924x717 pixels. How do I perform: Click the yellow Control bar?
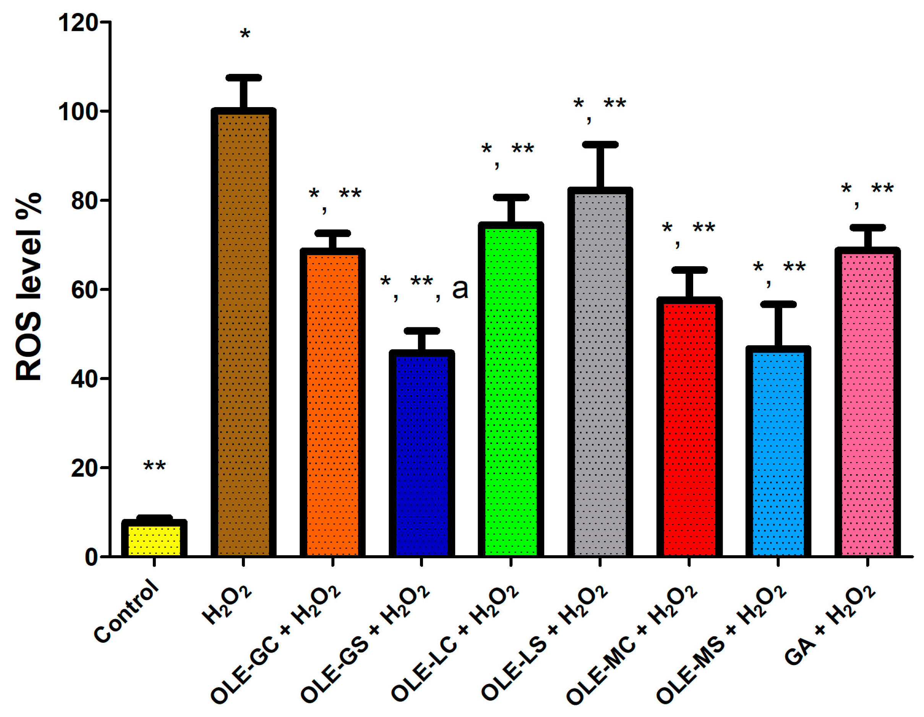154,540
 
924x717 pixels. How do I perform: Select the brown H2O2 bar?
243,334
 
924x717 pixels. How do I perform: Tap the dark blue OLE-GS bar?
421,455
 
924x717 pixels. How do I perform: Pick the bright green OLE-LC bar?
511,392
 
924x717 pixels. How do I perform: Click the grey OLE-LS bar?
600,375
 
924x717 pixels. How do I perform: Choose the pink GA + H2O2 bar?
867,404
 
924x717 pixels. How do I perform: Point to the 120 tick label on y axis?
78,23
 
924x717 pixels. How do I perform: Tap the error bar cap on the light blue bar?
778,304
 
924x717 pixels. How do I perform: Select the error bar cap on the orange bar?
332,233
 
